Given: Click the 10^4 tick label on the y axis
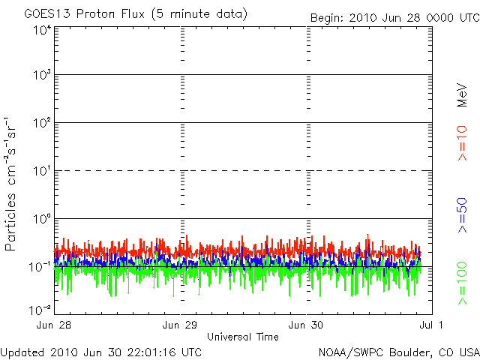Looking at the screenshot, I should pyautogui.click(x=41, y=31).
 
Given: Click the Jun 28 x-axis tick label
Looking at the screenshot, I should pyautogui.click(x=55, y=325).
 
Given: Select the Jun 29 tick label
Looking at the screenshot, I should pyautogui.click(x=181, y=325).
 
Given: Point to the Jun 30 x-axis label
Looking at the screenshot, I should pyautogui.click(x=307, y=325).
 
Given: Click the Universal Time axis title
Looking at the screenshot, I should pyautogui.click(x=243, y=337).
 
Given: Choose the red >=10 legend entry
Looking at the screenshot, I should pyautogui.click(x=463, y=142).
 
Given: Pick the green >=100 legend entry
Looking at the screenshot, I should pyautogui.click(x=463, y=283).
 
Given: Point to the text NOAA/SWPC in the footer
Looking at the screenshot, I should pyautogui.click(x=351, y=352).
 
